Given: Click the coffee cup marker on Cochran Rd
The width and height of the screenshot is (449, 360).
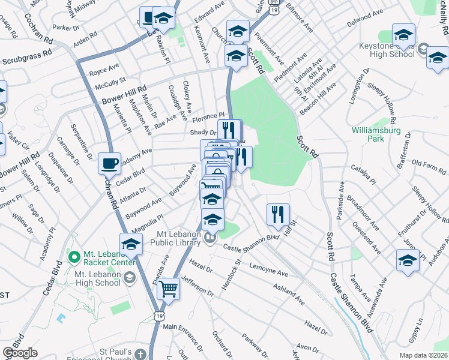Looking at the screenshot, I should [110, 163].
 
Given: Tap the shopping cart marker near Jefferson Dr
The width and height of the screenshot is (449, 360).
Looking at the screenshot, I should [169, 289].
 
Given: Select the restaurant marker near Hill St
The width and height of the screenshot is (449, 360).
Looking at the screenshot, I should [278, 214].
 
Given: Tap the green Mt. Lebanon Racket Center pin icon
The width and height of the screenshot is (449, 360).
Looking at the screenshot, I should [74, 257].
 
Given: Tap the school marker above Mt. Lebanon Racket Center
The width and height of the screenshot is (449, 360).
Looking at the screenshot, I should [130, 244].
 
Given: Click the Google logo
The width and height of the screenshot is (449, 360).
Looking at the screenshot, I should [20, 353].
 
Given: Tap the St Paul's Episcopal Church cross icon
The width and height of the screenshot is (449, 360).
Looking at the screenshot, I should [140, 353].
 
